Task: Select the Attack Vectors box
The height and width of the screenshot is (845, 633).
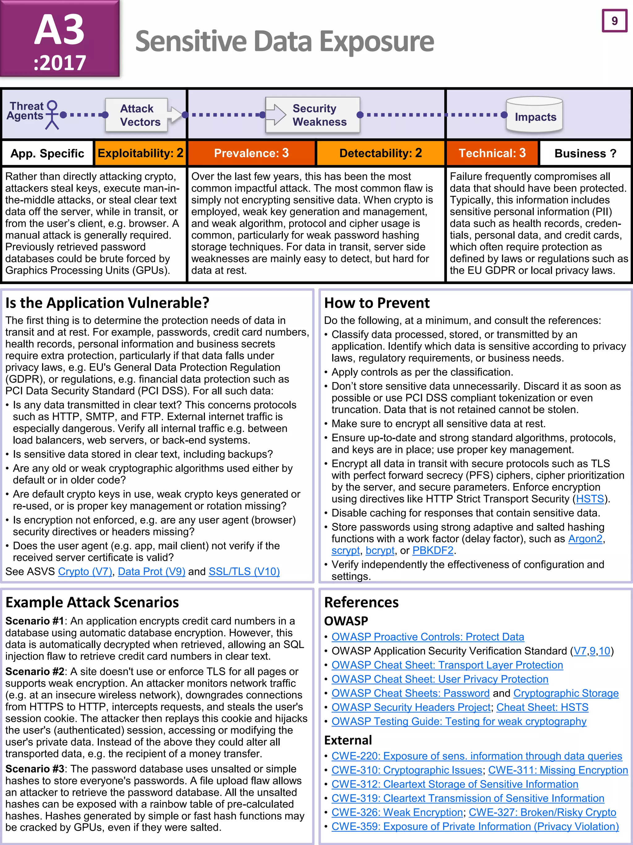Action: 137,115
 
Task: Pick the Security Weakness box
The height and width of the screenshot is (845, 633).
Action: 313,115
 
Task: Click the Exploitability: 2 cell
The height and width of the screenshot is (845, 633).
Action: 140,153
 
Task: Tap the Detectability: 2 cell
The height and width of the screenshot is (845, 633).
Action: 380,153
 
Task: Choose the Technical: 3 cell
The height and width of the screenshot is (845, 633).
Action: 492,153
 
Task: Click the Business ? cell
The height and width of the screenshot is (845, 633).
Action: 585,153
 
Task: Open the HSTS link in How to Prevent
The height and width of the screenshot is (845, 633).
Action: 590,499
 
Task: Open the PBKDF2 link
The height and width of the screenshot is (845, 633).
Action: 433,550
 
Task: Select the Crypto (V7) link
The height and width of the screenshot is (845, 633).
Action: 85,571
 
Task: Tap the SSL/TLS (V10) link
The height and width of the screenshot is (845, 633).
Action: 244,571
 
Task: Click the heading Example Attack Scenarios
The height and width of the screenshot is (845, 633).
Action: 92,602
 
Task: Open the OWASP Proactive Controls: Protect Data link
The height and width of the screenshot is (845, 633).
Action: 427,637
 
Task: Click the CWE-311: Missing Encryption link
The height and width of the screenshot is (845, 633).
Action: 558,770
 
